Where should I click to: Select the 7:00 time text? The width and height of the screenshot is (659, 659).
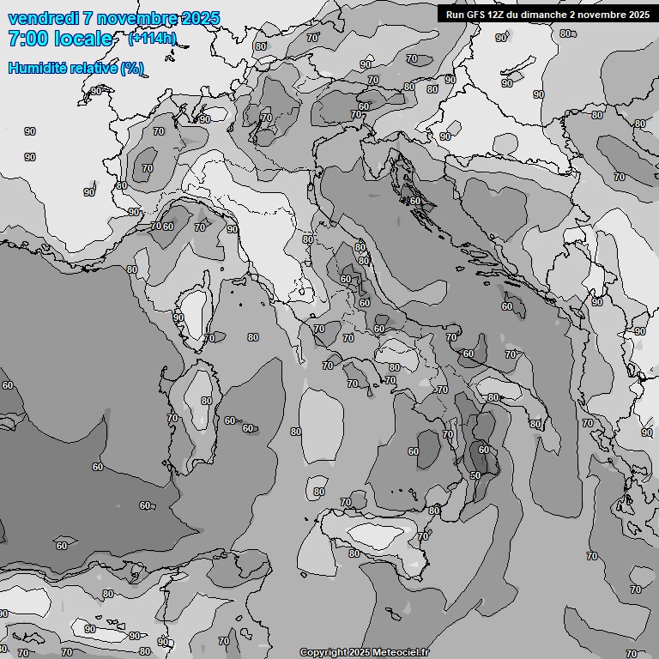(x=32, y=39)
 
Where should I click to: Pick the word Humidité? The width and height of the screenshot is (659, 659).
(x=35, y=68)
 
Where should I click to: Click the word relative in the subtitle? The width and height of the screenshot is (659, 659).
(x=91, y=68)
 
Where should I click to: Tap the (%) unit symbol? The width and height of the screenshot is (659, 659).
(x=131, y=68)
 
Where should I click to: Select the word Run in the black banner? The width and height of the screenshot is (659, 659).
(x=454, y=15)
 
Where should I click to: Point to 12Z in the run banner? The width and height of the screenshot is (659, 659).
(x=498, y=15)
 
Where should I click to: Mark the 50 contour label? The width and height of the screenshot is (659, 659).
(x=475, y=475)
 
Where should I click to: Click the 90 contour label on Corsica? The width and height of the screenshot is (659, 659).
(x=178, y=317)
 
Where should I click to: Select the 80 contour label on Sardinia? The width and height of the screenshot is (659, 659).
(x=206, y=401)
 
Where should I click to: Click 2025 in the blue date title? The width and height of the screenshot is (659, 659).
(x=201, y=18)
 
